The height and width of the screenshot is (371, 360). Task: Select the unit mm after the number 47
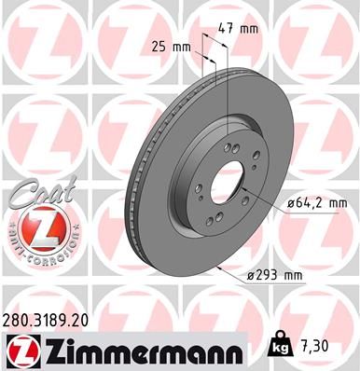[249, 29]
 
